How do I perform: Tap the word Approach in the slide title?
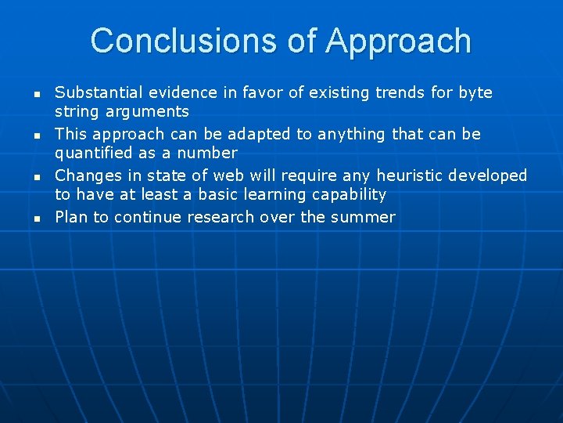(398, 41)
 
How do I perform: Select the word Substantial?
(99, 92)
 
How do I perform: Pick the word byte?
(475, 93)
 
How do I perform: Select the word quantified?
(93, 154)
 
